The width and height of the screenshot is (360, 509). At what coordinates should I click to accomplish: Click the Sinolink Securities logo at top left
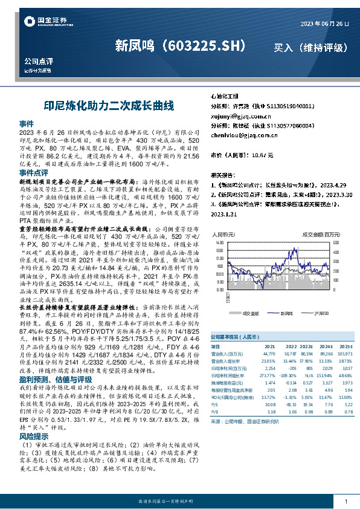click(x=45, y=22)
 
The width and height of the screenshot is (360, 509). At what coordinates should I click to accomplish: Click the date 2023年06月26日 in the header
click(x=324, y=24)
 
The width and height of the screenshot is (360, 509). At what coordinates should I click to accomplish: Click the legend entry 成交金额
click(x=251, y=314)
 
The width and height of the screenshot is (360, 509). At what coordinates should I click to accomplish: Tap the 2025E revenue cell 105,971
click(x=345, y=353)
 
